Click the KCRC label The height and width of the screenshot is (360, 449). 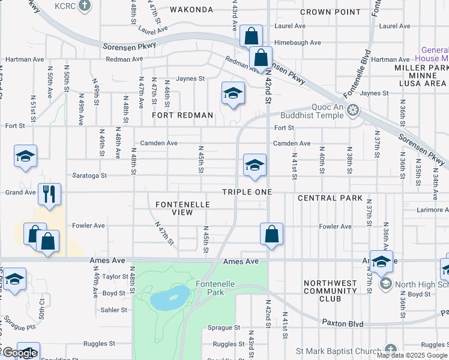[x=63, y=6]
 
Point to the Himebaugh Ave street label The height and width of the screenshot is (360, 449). [x=298, y=43]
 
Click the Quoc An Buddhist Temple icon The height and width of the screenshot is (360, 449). [x=354, y=110]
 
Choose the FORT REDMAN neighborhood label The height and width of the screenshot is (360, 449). [x=182, y=115]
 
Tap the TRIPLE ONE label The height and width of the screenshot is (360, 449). [x=247, y=192]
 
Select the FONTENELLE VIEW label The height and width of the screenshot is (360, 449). [x=182, y=208]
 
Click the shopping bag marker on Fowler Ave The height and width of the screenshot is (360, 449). [x=271, y=233]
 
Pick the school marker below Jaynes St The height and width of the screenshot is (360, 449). [x=233, y=93]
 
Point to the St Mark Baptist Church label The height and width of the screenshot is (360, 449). [x=339, y=350]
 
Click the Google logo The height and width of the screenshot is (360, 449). [x=20, y=353]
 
